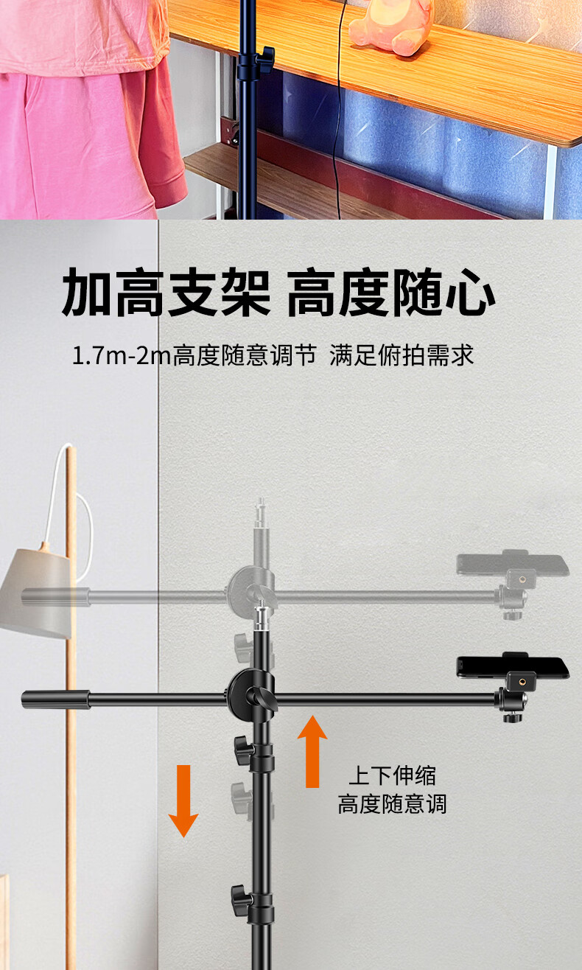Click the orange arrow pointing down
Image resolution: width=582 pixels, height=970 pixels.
tap(183, 800)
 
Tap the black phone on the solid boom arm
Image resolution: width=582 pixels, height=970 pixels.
tap(513, 666)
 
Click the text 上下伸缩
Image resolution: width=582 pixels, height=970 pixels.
tap(392, 775)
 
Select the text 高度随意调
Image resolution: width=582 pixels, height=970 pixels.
tap(392, 803)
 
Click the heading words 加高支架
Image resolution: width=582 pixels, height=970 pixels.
tap(166, 293)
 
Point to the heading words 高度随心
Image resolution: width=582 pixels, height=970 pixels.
tap(390, 293)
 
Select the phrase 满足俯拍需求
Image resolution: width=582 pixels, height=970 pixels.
tap(401, 356)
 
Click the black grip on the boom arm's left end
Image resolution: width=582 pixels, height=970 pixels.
tap(56, 699)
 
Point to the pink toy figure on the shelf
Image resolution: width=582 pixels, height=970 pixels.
tap(390, 26)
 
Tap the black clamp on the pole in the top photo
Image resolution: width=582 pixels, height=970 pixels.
tap(257, 64)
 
